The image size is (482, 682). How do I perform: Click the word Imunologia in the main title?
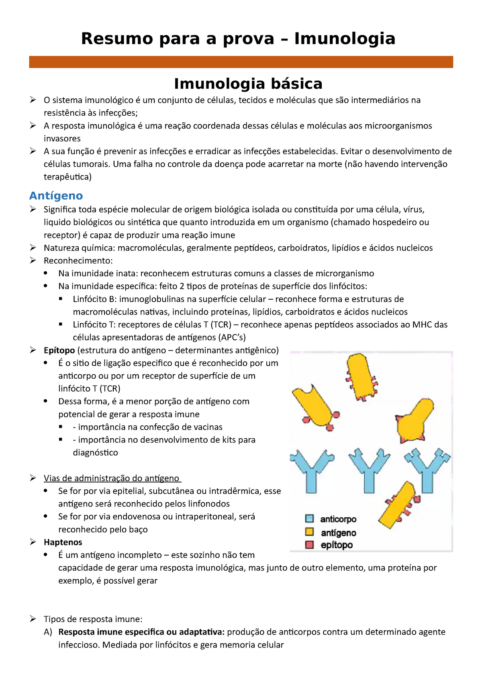tap(345, 39)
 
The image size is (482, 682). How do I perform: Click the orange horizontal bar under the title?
tap(241, 62)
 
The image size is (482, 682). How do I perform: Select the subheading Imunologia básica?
tap(248, 84)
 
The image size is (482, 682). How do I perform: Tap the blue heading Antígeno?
tap(56, 196)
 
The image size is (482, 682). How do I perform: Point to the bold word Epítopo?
tap(59, 350)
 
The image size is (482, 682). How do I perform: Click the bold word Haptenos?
tap(63, 542)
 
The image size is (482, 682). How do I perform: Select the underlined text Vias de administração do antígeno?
tap(112, 478)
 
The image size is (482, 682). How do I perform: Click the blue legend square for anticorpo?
tap(309, 519)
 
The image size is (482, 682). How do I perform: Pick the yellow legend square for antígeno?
tap(309, 532)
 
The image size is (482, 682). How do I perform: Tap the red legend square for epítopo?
tap(309, 545)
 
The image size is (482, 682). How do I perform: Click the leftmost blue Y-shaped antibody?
tap(311, 470)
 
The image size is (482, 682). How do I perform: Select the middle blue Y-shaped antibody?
tap(369, 470)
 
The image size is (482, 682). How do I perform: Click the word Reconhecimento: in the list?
tap(78, 261)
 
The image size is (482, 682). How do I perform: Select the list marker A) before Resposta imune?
tap(48, 632)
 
